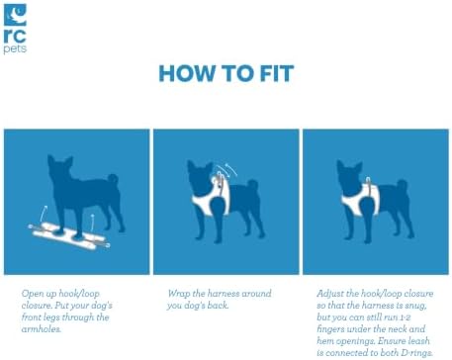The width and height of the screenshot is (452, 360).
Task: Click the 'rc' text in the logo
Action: tap(15, 36)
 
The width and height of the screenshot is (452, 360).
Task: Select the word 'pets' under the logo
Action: tap(15, 49)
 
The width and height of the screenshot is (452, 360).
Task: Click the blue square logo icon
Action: tap(15, 15)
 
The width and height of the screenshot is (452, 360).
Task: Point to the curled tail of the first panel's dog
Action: tap(113, 179)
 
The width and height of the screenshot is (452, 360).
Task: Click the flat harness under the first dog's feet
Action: tap(69, 236)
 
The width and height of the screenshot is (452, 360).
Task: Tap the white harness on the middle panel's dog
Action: tap(211, 197)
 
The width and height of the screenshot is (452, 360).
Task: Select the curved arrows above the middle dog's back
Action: tap(227, 170)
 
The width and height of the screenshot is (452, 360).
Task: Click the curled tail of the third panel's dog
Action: tap(403, 185)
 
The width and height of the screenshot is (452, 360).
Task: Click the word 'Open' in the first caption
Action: tap(33, 294)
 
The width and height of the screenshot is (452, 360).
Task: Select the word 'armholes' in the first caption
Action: tap(42, 329)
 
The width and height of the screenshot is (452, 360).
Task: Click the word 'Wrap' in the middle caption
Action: tap(179, 294)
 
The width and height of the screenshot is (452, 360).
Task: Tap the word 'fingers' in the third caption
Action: tap(330, 329)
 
